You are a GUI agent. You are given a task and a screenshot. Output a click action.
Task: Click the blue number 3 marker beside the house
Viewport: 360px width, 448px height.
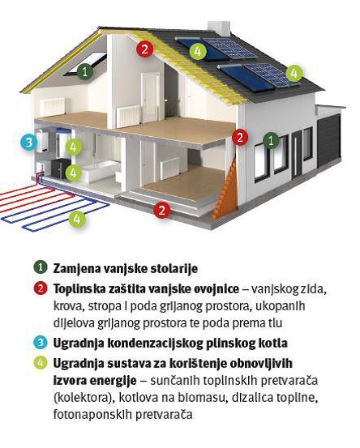(29, 142)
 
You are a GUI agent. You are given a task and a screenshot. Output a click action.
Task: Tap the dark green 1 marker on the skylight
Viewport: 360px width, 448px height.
(84, 71)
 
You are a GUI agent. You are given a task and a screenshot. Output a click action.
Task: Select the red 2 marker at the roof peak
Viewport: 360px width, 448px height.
(144, 49)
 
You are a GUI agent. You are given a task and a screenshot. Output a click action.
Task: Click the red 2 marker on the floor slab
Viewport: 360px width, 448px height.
(162, 210)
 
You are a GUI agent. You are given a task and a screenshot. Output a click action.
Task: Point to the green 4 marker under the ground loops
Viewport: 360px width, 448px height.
(77, 220)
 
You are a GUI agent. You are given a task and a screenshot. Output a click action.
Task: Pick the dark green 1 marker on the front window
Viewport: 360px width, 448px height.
(271, 140)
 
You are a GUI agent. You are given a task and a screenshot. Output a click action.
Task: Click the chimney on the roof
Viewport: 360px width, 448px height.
(219, 28)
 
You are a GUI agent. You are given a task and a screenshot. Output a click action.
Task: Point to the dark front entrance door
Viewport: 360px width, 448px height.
(297, 155)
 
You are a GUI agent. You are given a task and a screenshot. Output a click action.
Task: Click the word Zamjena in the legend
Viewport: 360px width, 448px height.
(76, 269)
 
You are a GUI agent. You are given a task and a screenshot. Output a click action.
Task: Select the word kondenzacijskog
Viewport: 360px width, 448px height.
(154, 343)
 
